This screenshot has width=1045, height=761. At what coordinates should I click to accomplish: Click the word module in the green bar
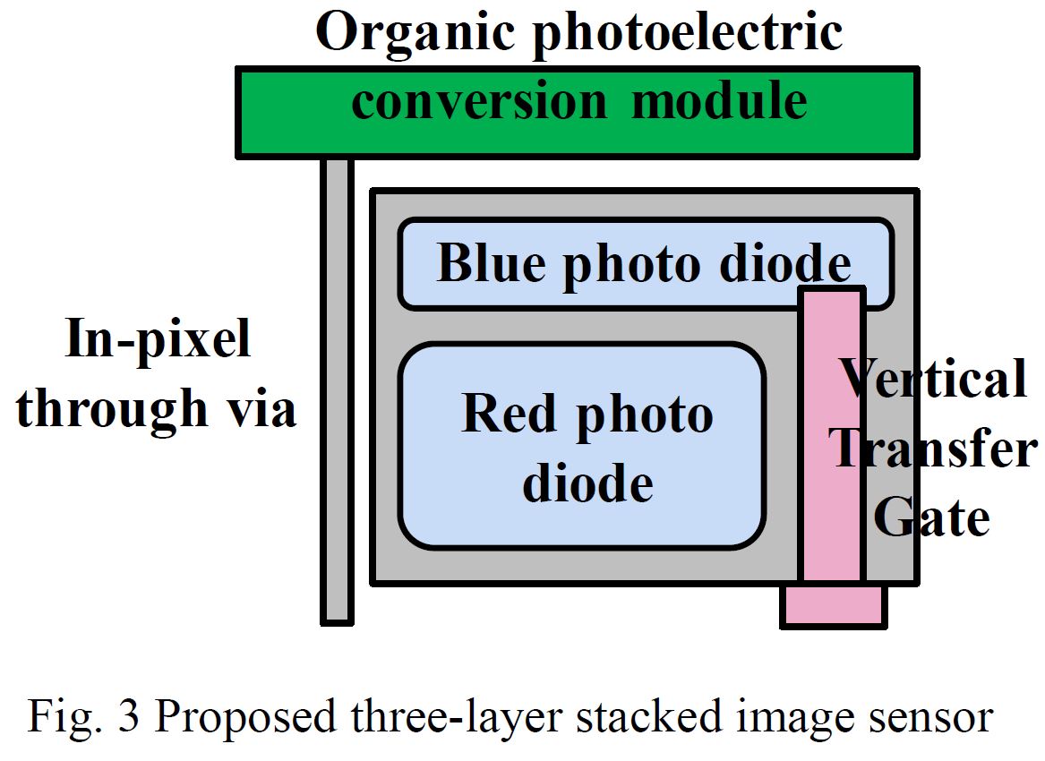[719, 101]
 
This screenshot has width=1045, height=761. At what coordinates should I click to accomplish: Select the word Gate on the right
[931, 517]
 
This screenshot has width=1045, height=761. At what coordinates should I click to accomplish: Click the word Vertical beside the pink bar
[935, 379]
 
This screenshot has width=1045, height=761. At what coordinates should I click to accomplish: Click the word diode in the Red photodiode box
[587, 483]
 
